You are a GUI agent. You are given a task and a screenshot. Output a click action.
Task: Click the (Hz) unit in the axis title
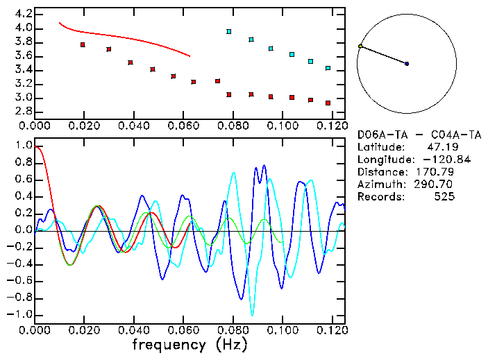pos(230,345)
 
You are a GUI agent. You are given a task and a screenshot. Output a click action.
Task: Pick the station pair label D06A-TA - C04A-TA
pos(419,135)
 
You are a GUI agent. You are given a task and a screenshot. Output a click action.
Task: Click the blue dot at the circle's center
pos(407,64)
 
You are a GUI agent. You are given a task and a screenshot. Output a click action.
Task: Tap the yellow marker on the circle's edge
pos(360,46)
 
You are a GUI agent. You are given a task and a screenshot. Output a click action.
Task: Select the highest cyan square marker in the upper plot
pos(229,32)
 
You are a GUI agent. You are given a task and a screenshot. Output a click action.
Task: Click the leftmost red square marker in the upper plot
pos(83,44)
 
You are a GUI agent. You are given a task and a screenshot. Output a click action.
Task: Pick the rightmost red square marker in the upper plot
pos(328,103)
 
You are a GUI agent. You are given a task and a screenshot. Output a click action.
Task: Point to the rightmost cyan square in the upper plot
pos(328,68)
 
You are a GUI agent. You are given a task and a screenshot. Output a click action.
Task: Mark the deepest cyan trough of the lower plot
pos(252,314)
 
